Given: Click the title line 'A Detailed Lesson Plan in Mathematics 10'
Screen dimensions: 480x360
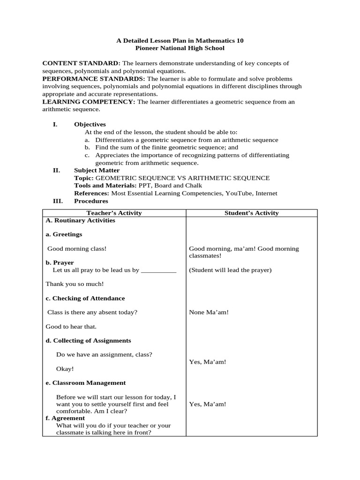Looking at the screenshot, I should tap(180, 41).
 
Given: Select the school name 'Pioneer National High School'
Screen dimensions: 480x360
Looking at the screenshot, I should tap(180, 48).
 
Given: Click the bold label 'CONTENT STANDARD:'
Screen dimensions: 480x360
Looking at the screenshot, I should tap(81, 63).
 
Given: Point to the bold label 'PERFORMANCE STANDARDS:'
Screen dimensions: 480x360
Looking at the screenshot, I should tap(94, 79).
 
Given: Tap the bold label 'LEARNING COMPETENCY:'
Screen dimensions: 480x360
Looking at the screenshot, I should tap(89, 102).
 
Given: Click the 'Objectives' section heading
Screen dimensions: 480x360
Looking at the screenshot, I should tap(90, 125).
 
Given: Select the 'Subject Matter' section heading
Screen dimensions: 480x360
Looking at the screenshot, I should tap(97, 171).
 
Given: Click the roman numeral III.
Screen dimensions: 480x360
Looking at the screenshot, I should tap(57, 201).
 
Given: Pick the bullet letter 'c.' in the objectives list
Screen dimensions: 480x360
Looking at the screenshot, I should tap(87, 155).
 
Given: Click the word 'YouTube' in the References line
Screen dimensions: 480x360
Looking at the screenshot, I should tap(237, 194).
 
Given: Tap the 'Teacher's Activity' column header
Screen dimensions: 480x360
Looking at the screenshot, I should tap(114, 213).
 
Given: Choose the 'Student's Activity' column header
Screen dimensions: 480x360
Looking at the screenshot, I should tap(251, 213).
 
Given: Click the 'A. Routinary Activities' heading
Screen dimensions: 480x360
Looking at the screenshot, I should tap(80, 221).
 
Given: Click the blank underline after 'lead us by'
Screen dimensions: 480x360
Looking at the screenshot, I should tap(158, 270).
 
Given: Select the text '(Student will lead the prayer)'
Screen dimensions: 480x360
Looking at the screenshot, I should tap(230, 270).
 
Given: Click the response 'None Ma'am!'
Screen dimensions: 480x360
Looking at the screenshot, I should tap(209, 312).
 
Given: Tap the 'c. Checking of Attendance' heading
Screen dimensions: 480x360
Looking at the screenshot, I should tap(85, 299).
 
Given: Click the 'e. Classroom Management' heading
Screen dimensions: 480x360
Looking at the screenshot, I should tap(85, 383).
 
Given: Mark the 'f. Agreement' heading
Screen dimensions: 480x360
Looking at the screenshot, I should tap(65, 418).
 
